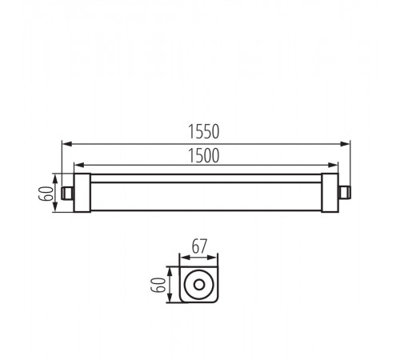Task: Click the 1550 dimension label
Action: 204,131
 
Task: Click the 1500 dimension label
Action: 204,156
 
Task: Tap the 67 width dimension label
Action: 199,246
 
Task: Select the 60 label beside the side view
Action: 46,193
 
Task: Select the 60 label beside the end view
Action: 158,285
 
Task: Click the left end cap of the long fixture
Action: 82,193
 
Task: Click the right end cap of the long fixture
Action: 330,193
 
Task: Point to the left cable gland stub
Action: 67,193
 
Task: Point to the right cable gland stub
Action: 345,193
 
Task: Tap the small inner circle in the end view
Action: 199,285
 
